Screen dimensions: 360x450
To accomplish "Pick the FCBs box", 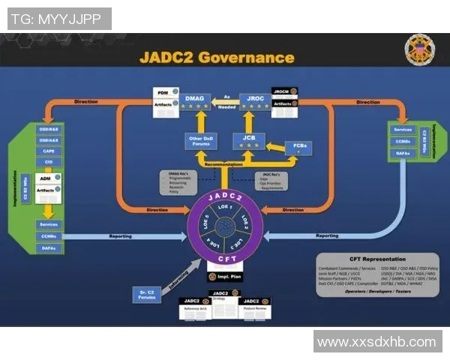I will click(299, 146).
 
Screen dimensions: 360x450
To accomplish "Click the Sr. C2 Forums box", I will click(148, 295).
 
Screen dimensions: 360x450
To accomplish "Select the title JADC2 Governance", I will click(217, 57).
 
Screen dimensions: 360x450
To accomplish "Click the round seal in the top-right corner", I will click(418, 50).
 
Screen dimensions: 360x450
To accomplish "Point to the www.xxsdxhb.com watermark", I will click(376, 342).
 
